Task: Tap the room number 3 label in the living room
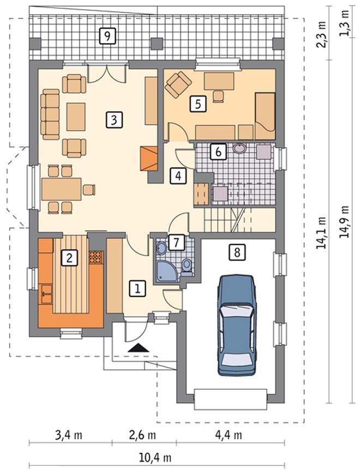pyautogui.click(x=114, y=120)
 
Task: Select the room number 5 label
pyautogui.click(x=198, y=104)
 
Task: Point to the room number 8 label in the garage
pyautogui.click(x=237, y=252)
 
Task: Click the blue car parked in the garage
pyautogui.click(x=237, y=325)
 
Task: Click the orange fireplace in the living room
pyautogui.click(x=149, y=159)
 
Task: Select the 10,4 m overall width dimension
pyautogui.click(x=155, y=458)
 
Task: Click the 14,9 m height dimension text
pyautogui.click(x=344, y=222)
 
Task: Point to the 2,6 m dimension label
pyautogui.click(x=142, y=435)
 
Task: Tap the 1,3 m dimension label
pyautogui.click(x=344, y=23)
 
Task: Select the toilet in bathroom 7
pyautogui.click(x=187, y=268)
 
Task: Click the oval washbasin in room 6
pyautogui.click(x=240, y=148)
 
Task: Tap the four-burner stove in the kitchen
pyautogui.click(x=97, y=257)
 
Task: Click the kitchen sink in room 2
pyautogui.click(x=46, y=294)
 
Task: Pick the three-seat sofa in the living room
pyautogui.click(x=50, y=114)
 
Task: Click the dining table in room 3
pyautogui.click(x=62, y=189)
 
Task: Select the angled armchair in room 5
pyautogui.click(x=178, y=84)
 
